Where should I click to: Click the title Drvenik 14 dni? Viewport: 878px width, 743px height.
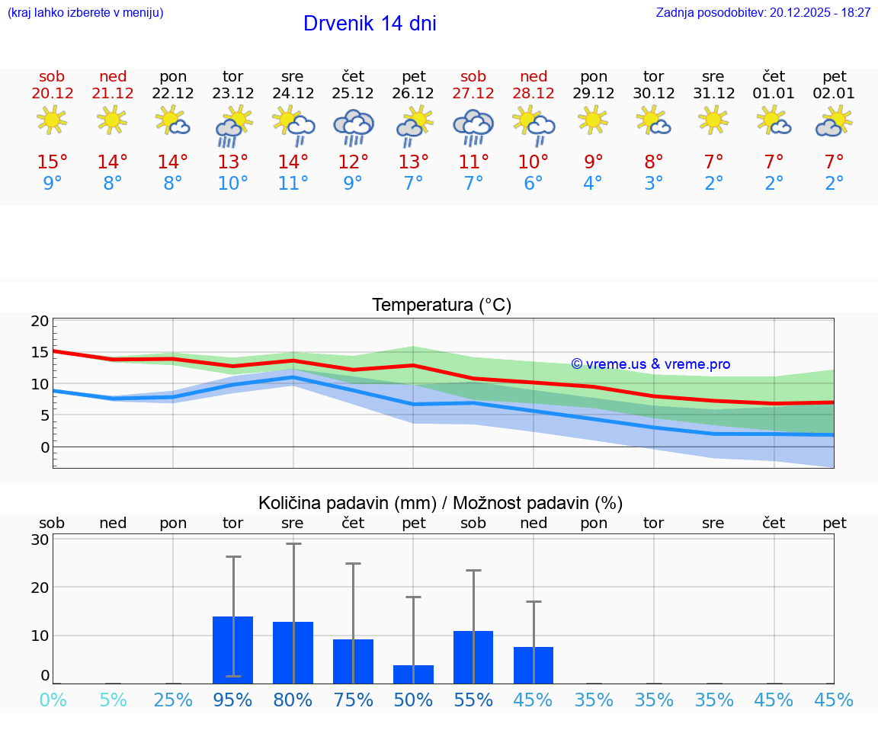tap(370, 24)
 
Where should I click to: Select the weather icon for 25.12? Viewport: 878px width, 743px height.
tap(353, 127)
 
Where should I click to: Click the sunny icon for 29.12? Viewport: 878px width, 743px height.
tap(594, 120)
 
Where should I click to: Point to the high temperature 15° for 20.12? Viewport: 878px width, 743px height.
tap(53, 162)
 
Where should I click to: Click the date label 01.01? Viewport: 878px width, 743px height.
tap(774, 94)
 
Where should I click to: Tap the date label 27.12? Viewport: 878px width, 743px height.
tap(473, 94)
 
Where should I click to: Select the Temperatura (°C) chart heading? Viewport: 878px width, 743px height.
tap(441, 305)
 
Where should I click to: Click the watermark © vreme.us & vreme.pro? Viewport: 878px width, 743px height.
tap(650, 364)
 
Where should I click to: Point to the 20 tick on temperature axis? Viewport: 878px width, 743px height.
tap(40, 321)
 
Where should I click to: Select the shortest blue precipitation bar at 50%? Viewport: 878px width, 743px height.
tap(413, 674)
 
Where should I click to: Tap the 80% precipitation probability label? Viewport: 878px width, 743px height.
tap(293, 700)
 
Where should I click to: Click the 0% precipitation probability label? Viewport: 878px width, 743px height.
tap(53, 700)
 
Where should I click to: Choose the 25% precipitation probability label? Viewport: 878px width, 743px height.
tap(173, 700)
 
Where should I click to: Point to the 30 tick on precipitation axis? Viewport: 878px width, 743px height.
tap(40, 540)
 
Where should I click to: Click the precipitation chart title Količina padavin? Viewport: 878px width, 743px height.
tap(440, 503)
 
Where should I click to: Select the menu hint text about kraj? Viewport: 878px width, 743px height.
tap(85, 12)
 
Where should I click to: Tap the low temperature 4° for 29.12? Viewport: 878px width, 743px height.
tap(593, 183)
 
